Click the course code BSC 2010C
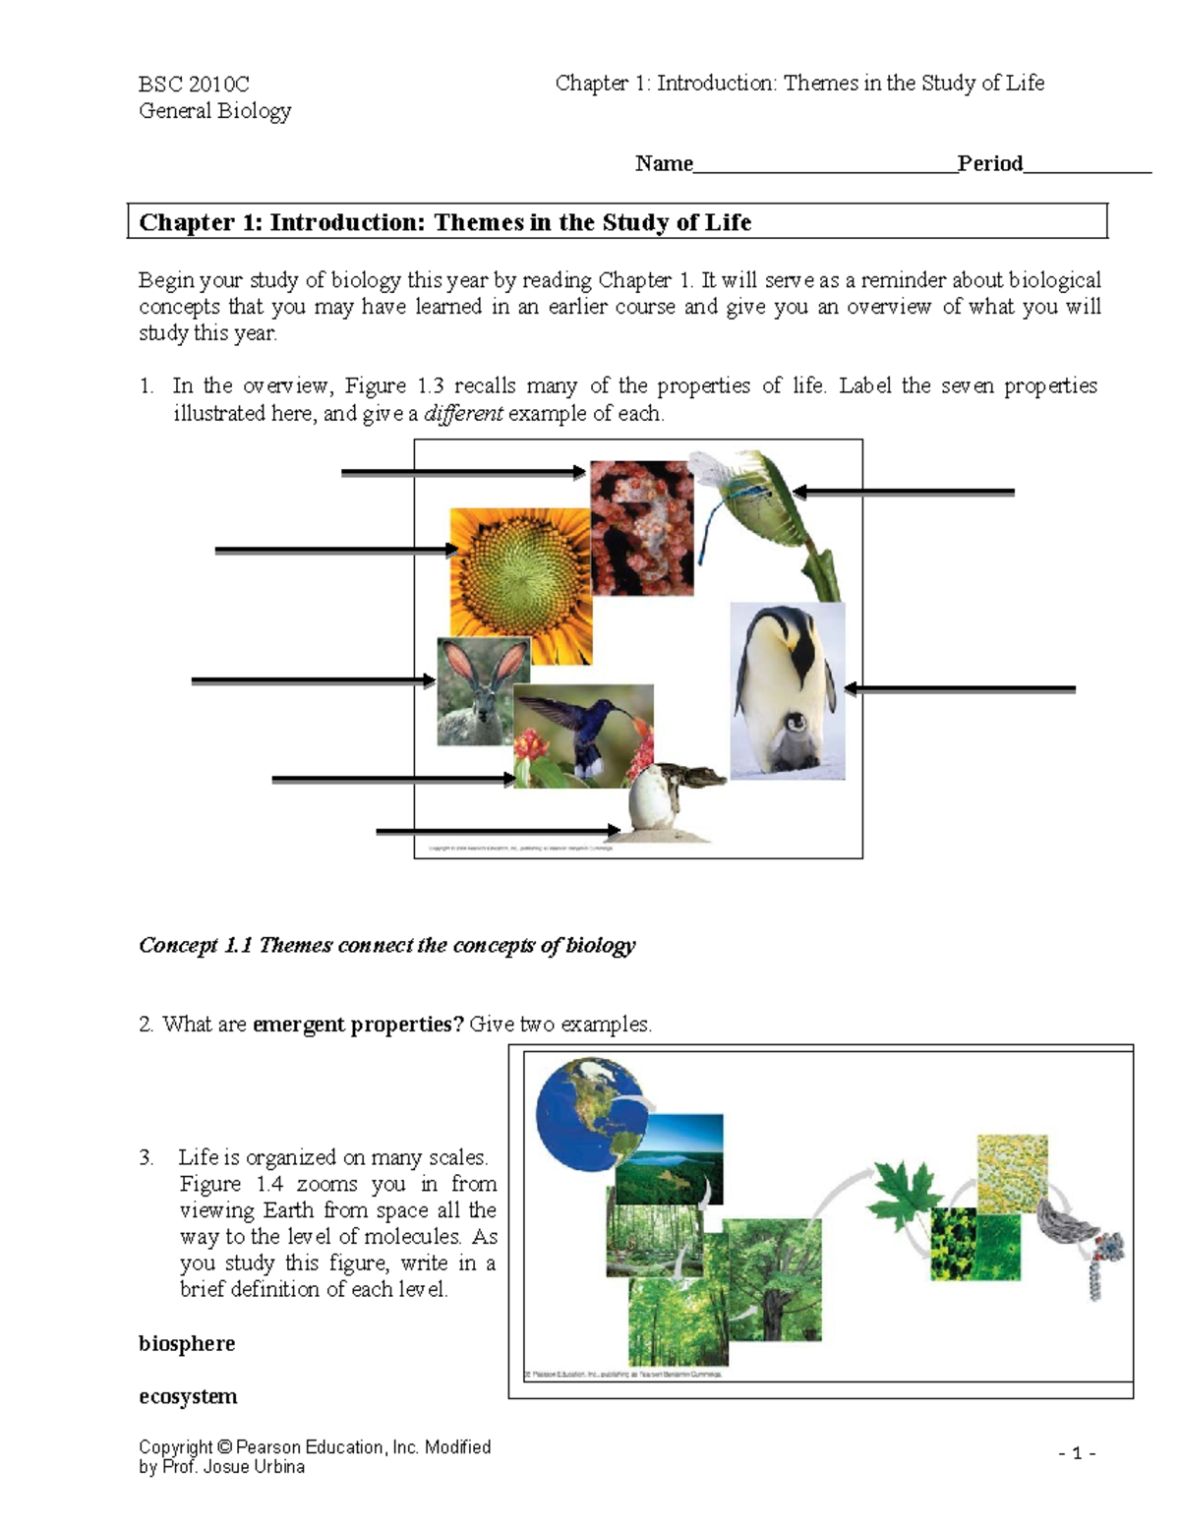tap(194, 84)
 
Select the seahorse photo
tap(641, 528)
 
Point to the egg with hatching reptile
tap(659, 801)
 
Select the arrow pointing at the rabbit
tap(313, 680)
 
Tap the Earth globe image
tap(587, 1112)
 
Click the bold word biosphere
tap(187, 1344)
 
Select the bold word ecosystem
tap(188, 1397)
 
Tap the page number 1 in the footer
tap(1077, 1453)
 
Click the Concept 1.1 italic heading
tap(386, 946)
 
